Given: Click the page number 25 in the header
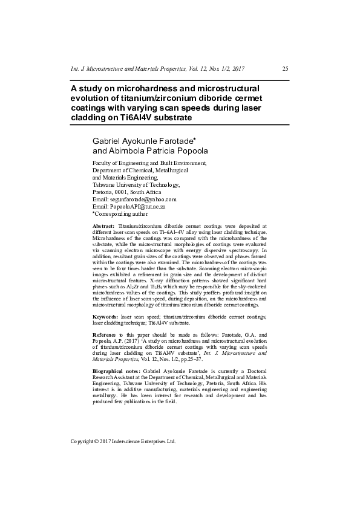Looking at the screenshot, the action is (x=285, y=69).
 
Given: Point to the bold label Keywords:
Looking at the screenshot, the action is (x=105, y=316).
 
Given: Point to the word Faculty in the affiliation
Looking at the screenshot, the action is (x=102, y=163).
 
